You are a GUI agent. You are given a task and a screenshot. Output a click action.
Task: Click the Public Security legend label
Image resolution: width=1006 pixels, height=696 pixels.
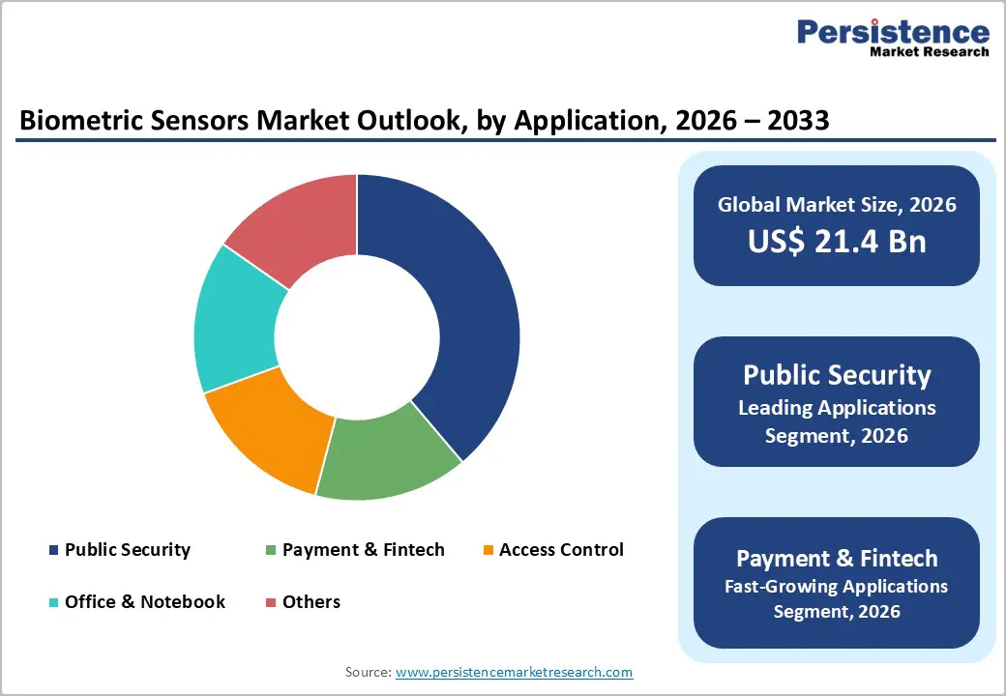(x=127, y=550)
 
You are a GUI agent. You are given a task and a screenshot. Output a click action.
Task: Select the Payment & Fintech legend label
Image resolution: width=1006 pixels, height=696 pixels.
(x=363, y=550)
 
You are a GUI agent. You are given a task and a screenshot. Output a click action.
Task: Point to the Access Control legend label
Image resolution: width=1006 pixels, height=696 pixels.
(x=561, y=550)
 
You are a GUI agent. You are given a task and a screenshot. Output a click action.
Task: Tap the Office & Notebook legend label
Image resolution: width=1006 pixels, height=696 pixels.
(x=144, y=602)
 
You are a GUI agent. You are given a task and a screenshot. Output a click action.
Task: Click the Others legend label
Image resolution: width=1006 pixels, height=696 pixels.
(x=311, y=602)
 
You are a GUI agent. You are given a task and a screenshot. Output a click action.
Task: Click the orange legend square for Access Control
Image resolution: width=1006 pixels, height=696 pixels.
(x=488, y=551)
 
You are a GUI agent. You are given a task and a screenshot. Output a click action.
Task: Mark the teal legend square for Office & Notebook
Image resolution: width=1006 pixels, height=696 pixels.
(x=54, y=603)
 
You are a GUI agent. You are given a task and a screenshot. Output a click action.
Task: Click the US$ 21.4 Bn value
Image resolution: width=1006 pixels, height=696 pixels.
(x=836, y=242)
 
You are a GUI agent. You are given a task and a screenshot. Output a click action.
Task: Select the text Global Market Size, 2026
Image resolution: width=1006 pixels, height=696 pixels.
(x=836, y=204)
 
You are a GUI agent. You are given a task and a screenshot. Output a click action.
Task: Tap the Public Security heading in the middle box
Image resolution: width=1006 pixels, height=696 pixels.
(x=836, y=375)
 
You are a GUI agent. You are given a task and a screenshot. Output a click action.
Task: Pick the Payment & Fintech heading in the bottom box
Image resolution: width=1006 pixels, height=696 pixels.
(x=836, y=558)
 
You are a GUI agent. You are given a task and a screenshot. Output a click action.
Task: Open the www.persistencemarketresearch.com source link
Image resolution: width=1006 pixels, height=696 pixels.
(x=514, y=672)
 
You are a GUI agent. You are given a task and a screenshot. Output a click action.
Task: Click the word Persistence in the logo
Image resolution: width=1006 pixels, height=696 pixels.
(x=893, y=32)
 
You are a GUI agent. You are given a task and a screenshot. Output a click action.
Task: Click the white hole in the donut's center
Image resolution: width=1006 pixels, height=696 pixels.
(x=357, y=337)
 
